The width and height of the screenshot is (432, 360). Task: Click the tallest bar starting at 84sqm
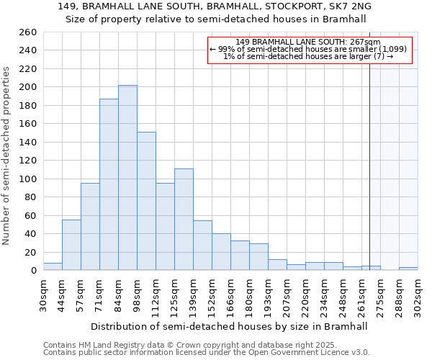coord(127,178)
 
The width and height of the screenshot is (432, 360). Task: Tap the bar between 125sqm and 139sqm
coord(184,220)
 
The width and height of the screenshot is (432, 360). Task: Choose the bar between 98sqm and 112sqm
coord(146,201)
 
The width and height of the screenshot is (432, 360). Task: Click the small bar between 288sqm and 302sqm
coord(408,269)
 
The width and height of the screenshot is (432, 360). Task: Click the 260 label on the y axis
coord(27,32)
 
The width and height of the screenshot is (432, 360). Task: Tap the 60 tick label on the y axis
coord(30,215)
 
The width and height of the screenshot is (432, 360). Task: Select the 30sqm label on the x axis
coord(44,294)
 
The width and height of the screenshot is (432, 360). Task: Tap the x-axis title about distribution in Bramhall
coord(230,326)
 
